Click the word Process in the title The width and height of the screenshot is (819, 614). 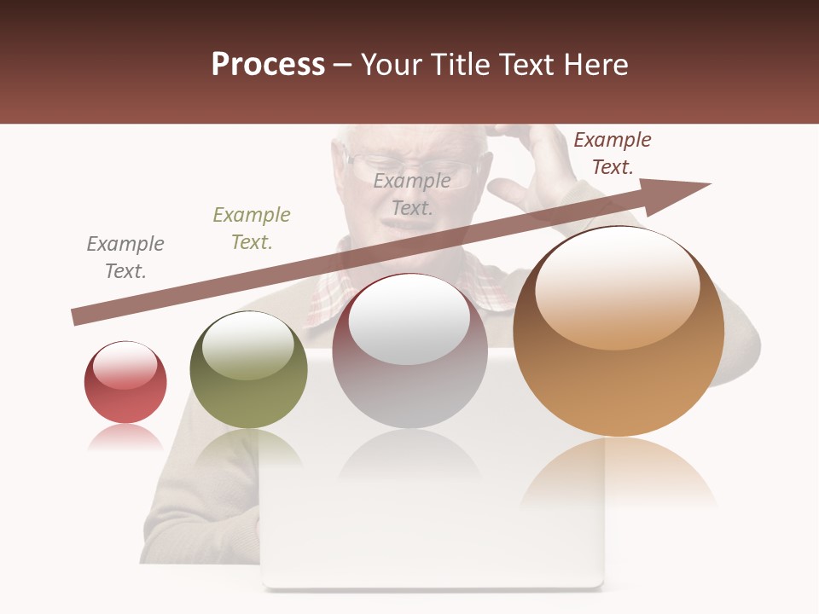(268, 65)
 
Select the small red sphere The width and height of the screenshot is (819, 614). (125, 383)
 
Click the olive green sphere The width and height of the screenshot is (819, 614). (248, 370)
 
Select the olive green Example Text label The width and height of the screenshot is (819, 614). (252, 229)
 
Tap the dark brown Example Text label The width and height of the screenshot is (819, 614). (612, 153)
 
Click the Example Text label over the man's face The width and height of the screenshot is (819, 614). (412, 194)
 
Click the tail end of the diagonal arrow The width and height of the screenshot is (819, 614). (81, 316)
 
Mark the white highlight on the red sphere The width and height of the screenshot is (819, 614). (125, 366)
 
